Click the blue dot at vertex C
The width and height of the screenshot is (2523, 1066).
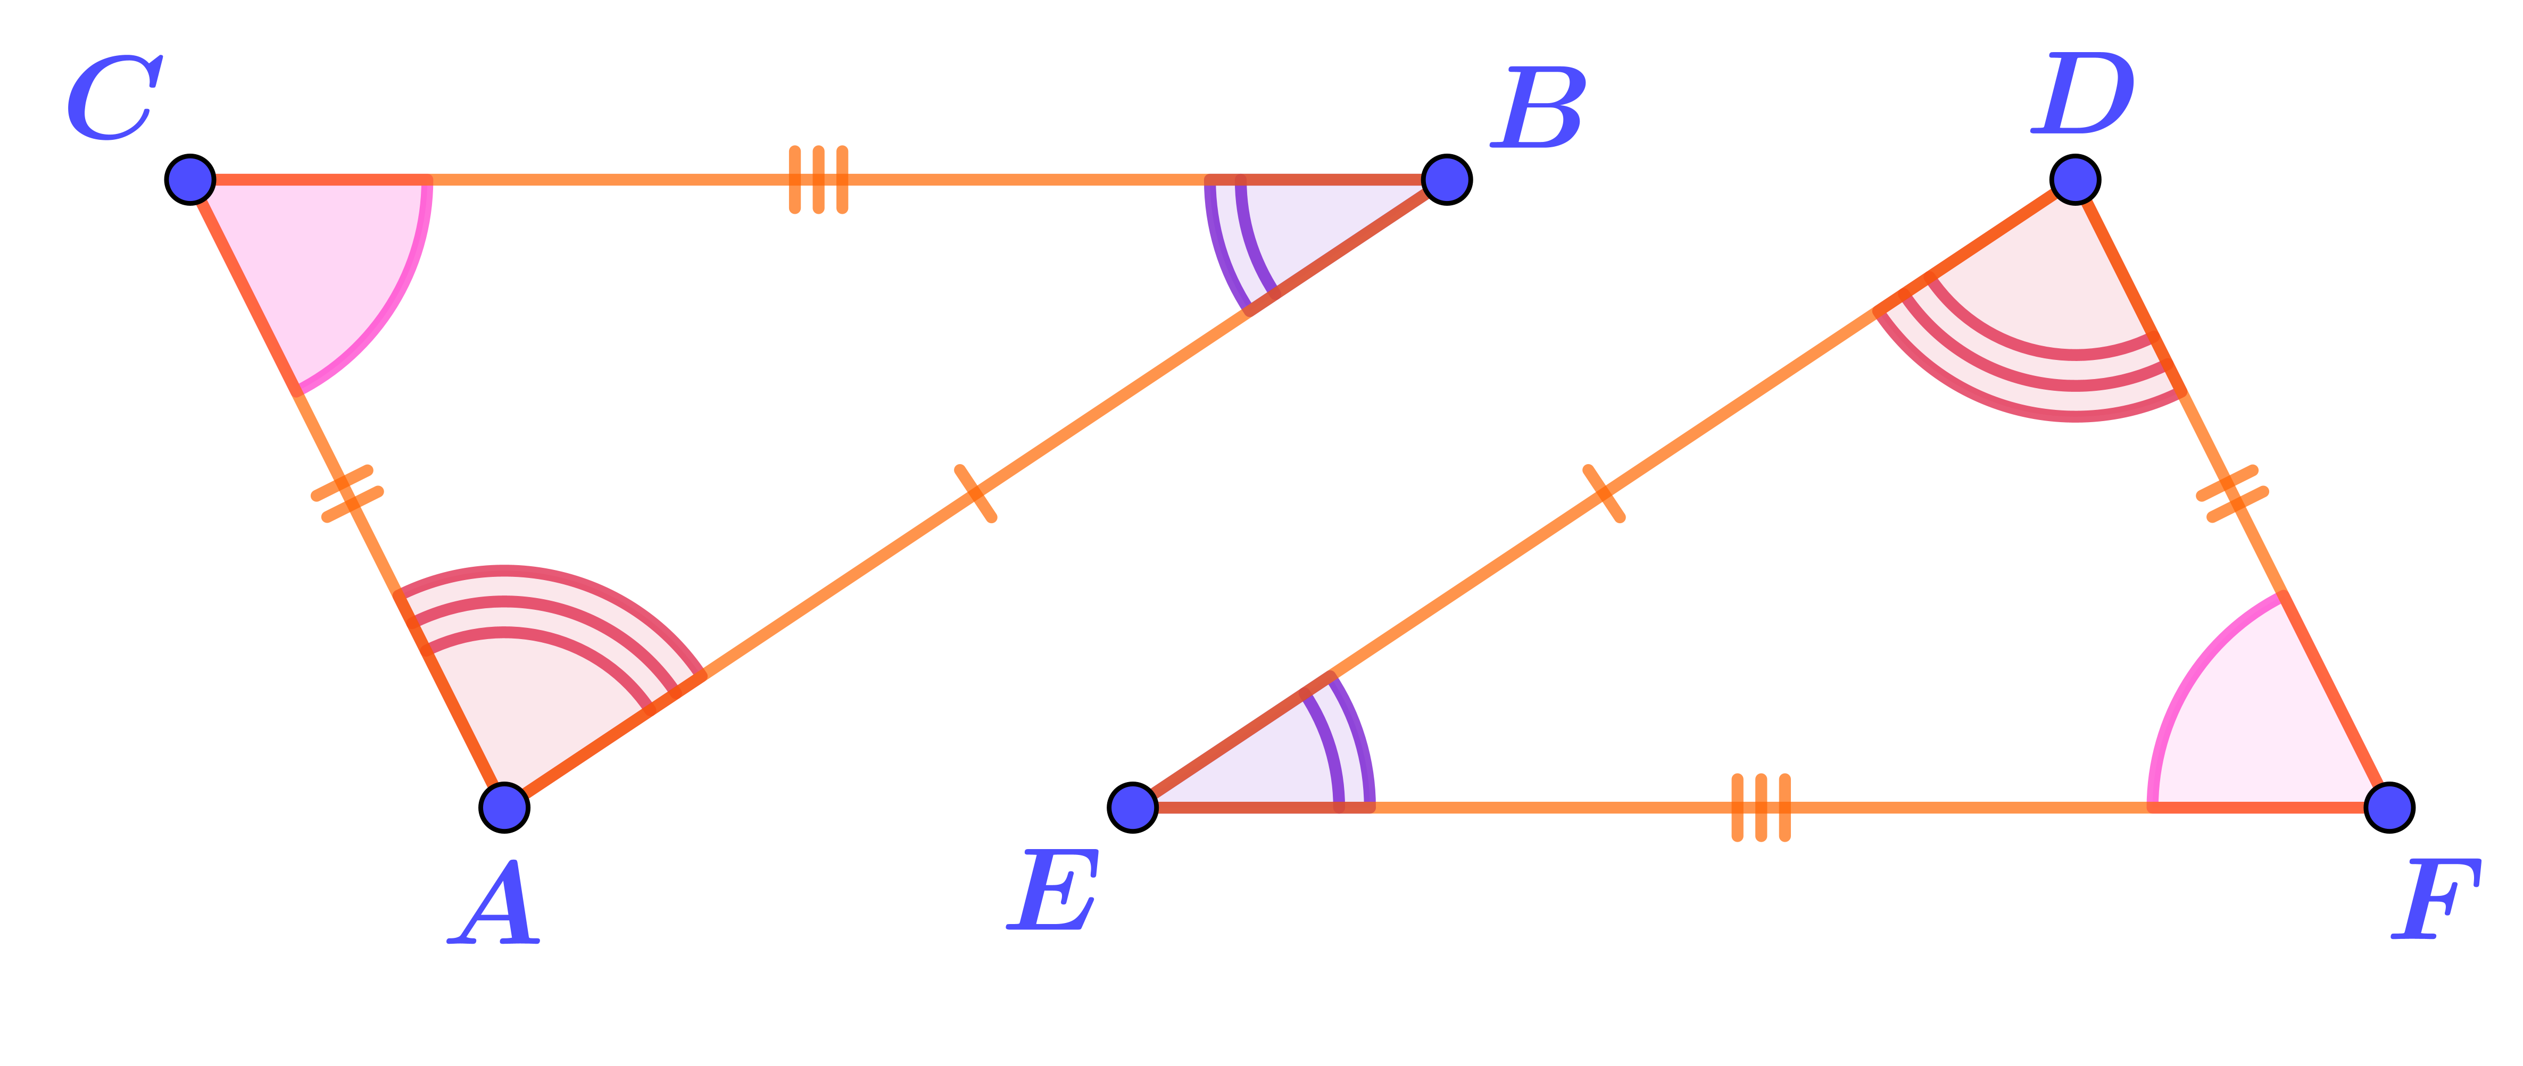(x=191, y=179)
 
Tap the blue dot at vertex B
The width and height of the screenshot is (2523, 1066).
(x=1446, y=179)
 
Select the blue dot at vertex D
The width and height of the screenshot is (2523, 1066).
(x=2074, y=179)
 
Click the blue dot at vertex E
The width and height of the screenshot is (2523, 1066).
(x=1133, y=808)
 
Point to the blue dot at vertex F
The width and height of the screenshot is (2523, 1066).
(x=2388, y=808)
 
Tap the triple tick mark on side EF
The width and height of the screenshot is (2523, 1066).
(x=1761, y=808)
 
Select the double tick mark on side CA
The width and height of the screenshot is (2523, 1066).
(x=347, y=493)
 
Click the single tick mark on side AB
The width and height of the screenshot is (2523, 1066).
(x=975, y=493)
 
